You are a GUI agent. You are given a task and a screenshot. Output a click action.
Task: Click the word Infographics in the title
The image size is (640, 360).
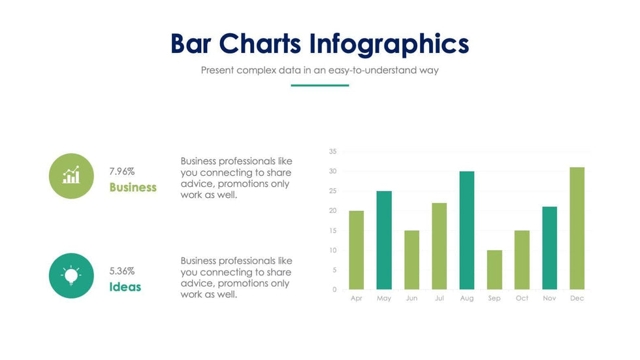389,44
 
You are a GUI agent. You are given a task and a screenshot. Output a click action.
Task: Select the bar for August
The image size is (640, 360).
467,230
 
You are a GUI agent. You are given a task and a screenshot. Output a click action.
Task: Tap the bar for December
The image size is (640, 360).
577,228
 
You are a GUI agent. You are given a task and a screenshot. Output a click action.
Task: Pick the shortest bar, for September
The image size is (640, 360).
494,269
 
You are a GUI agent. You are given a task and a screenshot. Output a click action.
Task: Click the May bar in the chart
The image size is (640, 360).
384,240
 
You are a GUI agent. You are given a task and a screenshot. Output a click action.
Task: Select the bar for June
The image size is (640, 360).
411,259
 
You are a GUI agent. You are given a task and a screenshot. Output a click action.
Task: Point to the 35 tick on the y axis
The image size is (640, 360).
332,152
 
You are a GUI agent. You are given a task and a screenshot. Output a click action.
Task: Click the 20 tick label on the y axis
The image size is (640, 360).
332,210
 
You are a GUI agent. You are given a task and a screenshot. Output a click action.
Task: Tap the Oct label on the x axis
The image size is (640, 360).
522,299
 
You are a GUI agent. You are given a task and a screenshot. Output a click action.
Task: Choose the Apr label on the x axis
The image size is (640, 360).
356,299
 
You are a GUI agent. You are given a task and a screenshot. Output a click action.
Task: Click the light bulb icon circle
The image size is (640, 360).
71,276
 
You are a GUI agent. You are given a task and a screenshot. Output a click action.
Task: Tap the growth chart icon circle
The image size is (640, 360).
71,176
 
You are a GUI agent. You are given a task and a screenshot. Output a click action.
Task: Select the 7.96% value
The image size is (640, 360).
122,171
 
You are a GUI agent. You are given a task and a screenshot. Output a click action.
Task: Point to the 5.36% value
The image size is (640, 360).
122,270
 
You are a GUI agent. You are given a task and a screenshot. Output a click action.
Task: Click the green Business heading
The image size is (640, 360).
133,188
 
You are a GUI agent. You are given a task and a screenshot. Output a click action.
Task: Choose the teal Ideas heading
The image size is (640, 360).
125,287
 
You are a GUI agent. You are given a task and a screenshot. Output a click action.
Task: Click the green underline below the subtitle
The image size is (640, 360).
319,85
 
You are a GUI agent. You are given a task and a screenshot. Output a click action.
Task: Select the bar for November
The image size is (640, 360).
549,248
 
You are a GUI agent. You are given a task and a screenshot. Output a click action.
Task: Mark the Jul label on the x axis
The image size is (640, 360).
439,299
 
